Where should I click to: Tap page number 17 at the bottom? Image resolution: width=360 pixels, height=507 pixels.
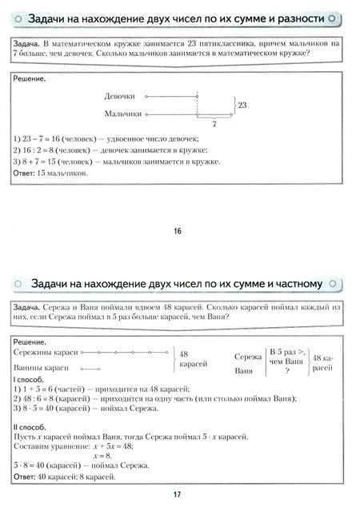[178, 493]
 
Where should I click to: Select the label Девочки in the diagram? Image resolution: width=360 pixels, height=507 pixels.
[119, 96]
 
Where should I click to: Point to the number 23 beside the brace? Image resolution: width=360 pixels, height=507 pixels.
[242, 105]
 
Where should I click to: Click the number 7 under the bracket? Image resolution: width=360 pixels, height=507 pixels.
[214, 125]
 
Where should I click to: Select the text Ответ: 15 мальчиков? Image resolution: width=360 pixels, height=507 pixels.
[50, 173]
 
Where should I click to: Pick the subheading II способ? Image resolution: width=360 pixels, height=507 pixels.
[31, 426]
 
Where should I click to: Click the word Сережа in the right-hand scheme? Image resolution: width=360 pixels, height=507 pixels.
[246, 356]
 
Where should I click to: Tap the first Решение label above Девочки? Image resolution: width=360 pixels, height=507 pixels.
[30, 79]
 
